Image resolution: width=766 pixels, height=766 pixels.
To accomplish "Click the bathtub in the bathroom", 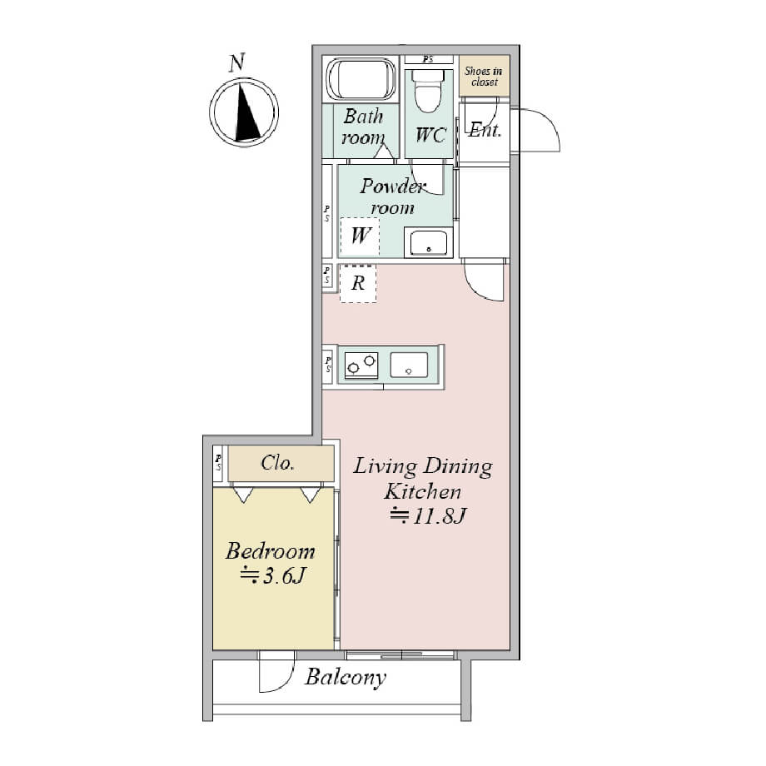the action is (361, 78).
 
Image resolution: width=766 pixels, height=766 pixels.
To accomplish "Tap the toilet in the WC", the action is (428, 91).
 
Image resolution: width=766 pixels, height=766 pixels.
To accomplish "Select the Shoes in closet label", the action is (484, 77).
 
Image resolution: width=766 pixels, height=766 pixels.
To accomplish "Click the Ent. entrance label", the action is (485, 130).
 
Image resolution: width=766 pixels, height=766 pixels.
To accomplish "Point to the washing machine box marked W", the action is (360, 236).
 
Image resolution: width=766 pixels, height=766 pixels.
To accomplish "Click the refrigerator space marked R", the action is (358, 283).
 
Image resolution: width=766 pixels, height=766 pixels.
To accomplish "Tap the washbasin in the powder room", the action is (429, 242).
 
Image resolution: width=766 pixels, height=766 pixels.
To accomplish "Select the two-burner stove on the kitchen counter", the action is (361, 365).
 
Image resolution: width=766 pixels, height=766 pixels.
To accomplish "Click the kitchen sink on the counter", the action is (409, 365).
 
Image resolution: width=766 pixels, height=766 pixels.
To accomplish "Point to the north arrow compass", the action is (244, 112).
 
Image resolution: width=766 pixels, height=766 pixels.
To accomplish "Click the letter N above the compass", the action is (237, 62).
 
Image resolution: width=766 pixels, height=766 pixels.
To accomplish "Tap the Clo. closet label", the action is (277, 463).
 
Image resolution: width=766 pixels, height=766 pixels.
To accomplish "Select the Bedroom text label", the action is (270, 551).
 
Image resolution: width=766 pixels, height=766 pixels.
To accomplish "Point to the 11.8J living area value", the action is (440, 516).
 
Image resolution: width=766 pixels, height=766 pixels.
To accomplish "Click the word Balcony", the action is (346, 678).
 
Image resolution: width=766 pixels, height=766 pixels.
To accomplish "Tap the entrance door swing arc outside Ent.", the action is (550, 122).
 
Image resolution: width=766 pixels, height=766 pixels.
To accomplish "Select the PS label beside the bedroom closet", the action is (218, 462).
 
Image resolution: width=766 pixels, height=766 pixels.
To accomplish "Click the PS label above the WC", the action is (428, 60).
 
